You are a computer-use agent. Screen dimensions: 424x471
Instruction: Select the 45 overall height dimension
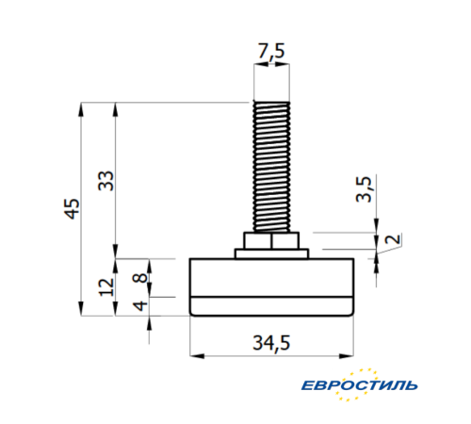click(x=72, y=209)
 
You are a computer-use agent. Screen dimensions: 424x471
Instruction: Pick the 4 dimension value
click(x=138, y=307)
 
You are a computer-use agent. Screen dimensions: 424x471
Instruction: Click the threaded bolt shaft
click(x=271, y=165)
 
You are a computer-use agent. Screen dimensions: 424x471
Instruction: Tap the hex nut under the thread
click(x=271, y=240)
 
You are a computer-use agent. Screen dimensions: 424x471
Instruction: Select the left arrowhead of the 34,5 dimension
click(x=195, y=355)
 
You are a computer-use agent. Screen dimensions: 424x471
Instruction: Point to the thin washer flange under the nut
click(x=271, y=253)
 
